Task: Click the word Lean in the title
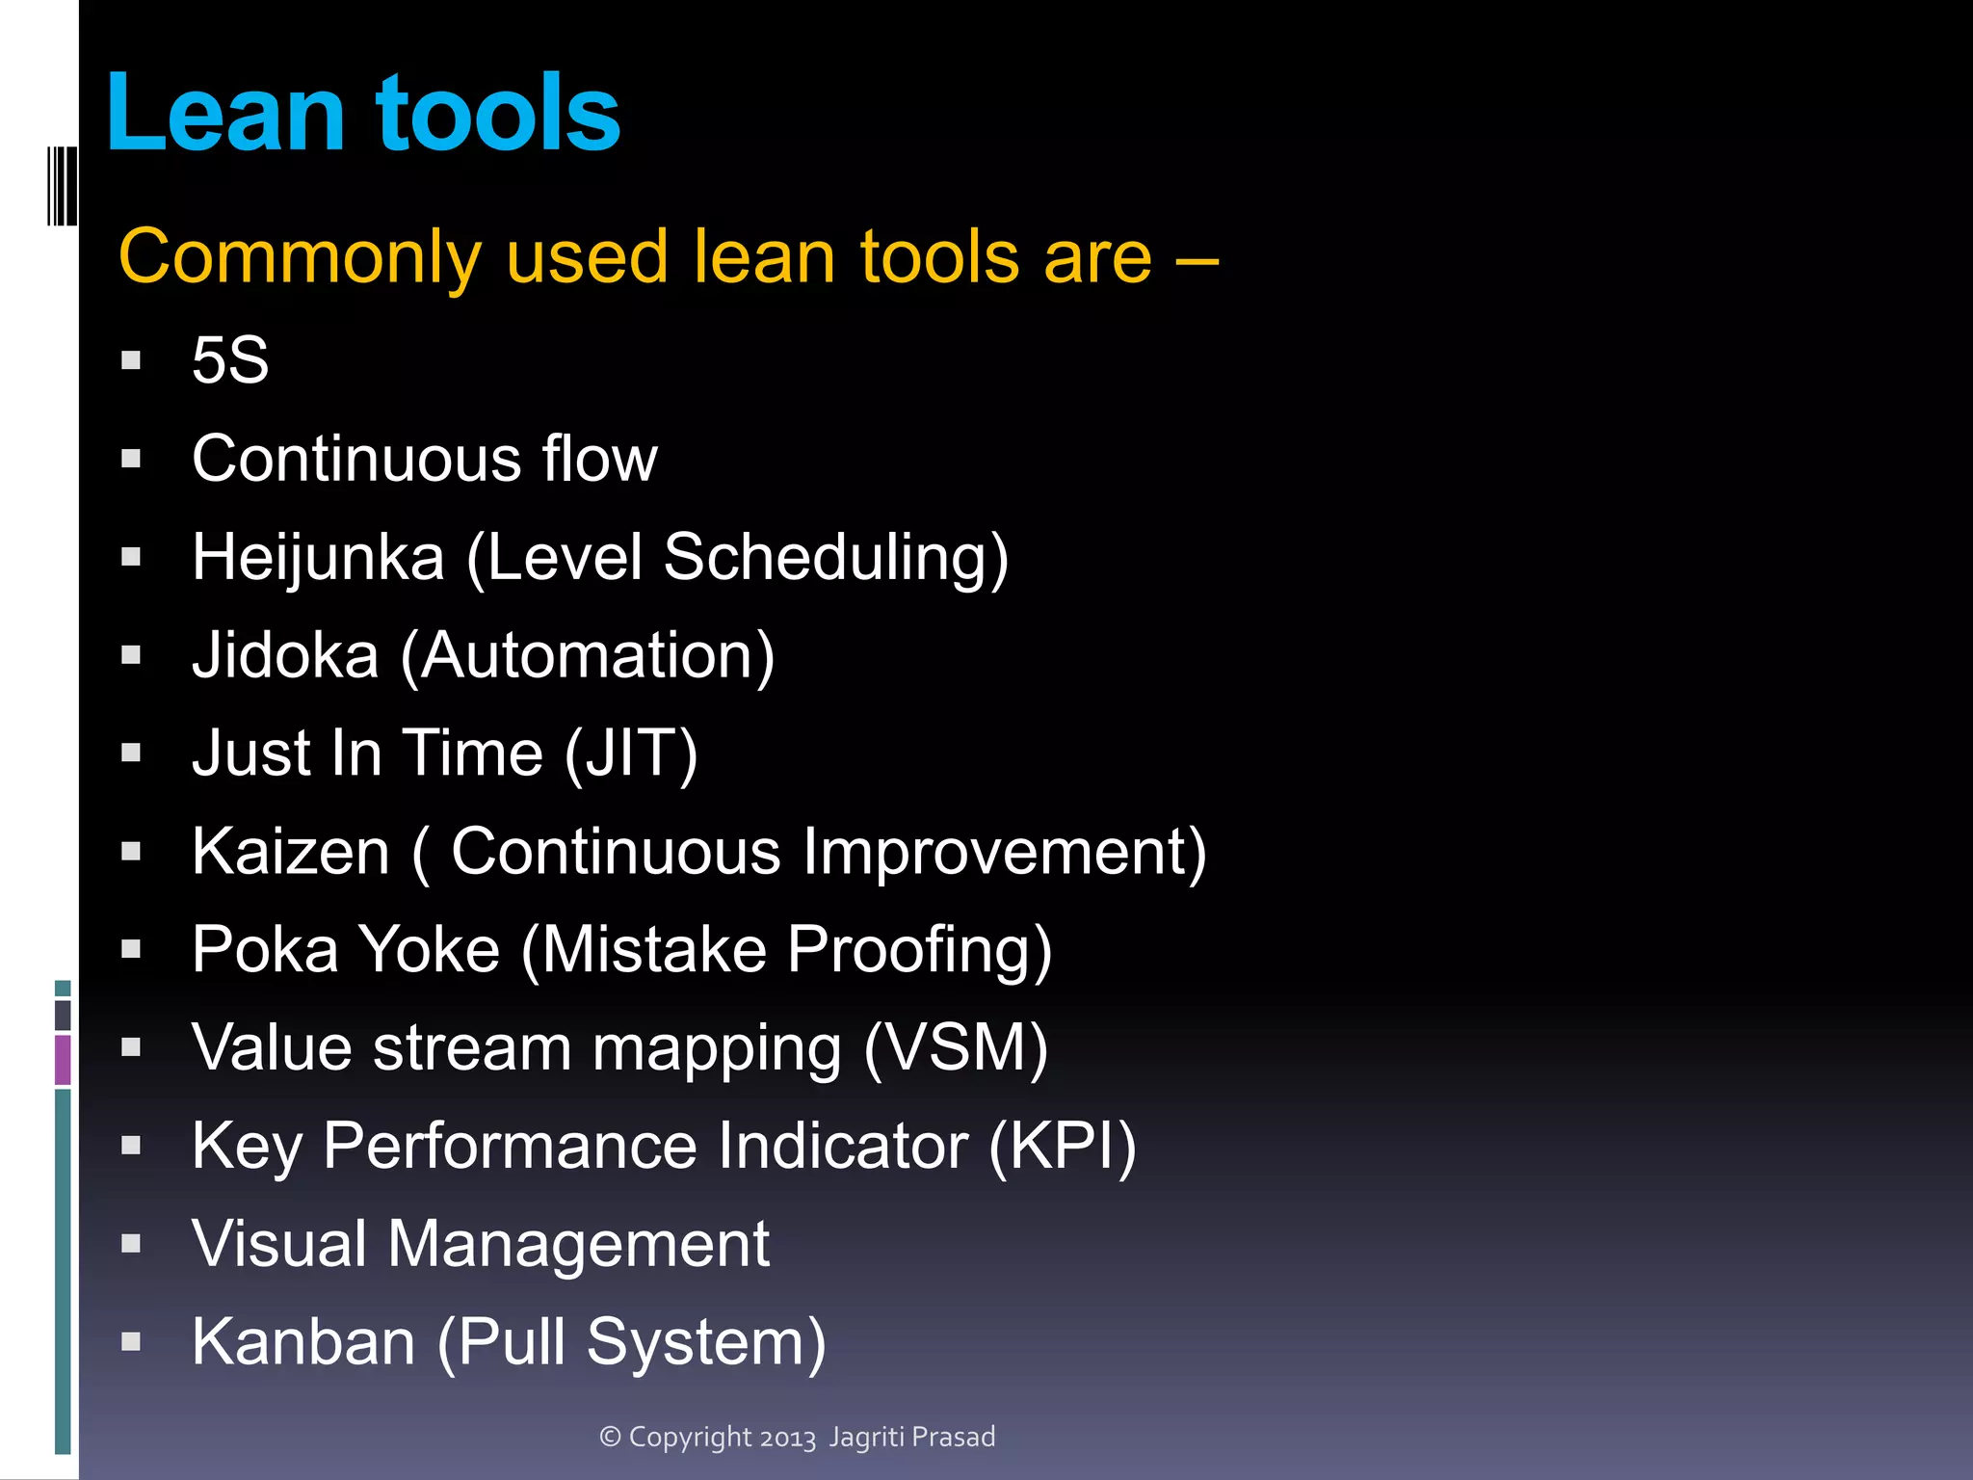point(224,114)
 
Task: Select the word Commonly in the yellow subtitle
point(299,257)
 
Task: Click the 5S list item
point(230,360)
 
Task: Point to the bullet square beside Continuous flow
point(131,459)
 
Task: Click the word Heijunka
point(318,558)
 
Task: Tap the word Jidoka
point(285,656)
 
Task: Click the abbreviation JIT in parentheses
point(631,753)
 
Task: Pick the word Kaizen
point(290,852)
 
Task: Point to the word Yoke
point(429,950)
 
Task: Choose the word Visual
point(279,1244)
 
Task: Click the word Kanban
point(303,1342)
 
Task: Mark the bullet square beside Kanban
point(131,1342)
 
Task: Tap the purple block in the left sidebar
point(63,1059)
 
